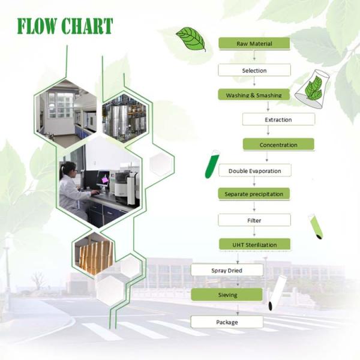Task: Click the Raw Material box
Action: tap(254, 43)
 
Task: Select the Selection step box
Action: tap(254, 70)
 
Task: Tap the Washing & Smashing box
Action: tap(254, 95)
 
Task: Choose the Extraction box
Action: tap(278, 119)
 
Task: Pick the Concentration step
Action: tap(278, 145)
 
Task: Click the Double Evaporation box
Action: tap(255, 170)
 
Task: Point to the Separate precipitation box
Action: tap(254, 194)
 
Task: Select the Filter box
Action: tap(254, 220)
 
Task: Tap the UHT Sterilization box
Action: tap(254, 245)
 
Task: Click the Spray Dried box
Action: tap(227, 270)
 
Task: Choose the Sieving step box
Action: tap(227, 295)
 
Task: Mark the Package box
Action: tap(227, 322)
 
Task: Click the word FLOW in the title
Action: tap(37, 26)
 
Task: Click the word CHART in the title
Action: tap(88, 26)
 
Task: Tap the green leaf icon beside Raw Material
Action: tap(191, 39)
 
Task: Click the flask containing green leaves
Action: tap(313, 89)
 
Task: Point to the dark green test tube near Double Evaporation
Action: tap(212, 164)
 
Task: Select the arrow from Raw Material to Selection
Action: tap(254, 55)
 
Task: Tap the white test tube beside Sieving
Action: tap(277, 293)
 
